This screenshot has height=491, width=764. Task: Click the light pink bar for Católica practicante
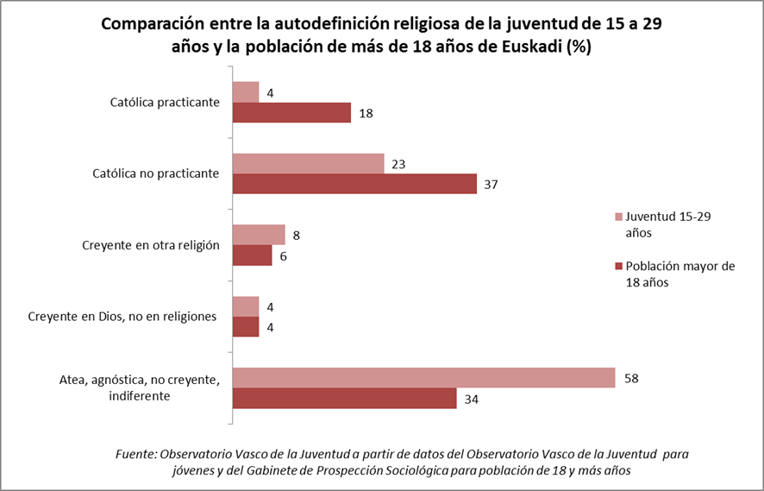247,92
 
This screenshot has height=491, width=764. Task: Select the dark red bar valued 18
292,113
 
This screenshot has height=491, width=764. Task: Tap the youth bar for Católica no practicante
309,163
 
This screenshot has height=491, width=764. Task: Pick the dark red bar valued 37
354,184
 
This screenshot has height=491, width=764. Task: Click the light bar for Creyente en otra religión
259,235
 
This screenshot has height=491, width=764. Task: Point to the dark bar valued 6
253,255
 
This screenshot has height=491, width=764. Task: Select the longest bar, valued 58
424,378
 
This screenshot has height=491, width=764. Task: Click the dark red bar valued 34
345,399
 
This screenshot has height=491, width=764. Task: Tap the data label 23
398,163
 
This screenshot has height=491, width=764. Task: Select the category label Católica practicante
165,103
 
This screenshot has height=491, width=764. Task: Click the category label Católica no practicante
155,173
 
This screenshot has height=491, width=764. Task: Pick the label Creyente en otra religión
152,245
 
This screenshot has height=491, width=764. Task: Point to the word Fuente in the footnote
135,453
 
